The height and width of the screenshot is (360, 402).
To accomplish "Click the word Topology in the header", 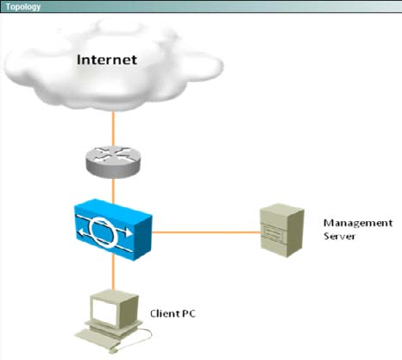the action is [23, 7].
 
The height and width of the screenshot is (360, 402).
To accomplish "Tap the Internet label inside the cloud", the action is [107, 60].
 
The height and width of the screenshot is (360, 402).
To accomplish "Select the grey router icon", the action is [113, 161].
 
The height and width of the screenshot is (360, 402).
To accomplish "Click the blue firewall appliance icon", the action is [113, 230].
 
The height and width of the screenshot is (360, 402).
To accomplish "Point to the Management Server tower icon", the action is [282, 231].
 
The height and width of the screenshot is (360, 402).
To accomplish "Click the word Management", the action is [358, 223].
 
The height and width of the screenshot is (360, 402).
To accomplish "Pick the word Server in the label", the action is [339, 236].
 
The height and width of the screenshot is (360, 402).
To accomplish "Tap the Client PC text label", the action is [173, 313].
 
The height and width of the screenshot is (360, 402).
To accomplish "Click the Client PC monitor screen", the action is [104, 311].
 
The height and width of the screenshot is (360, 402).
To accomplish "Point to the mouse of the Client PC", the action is [113, 351].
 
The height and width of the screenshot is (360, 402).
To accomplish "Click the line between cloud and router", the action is [113, 129].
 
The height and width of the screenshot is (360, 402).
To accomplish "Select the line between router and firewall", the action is [113, 191].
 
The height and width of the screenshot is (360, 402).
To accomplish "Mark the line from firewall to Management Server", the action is [206, 232].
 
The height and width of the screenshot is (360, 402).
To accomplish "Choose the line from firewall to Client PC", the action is [113, 273].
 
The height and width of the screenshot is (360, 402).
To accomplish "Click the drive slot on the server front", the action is [272, 231].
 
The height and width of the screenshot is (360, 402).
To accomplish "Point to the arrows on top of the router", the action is [113, 153].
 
